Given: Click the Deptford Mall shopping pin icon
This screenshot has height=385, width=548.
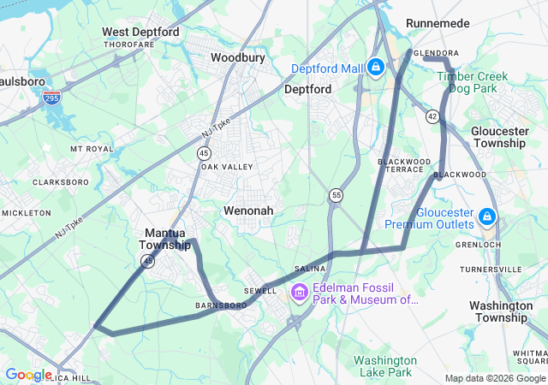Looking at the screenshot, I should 375,66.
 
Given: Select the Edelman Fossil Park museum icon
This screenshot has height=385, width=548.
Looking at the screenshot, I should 299,293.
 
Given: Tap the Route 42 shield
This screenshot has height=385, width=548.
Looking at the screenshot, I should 434,115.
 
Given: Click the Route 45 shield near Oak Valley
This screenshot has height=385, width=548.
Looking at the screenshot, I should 203,152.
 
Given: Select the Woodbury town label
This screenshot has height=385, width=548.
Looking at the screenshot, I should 238,57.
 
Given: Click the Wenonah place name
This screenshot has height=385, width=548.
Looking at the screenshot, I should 248,210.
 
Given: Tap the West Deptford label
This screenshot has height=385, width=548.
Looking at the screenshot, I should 140,32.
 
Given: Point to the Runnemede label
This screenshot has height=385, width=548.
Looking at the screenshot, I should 439,22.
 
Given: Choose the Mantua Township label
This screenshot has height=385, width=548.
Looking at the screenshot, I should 166,239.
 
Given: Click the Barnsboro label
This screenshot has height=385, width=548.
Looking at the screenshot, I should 220,305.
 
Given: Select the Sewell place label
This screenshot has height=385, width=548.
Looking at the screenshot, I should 260,290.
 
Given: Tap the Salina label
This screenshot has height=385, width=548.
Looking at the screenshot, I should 310,269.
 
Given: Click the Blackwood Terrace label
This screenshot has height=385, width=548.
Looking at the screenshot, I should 405,165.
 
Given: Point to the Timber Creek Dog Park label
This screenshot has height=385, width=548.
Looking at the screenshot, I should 472,82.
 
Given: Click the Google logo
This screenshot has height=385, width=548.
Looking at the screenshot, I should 27,375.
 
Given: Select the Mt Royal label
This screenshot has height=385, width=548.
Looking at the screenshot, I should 92,148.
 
